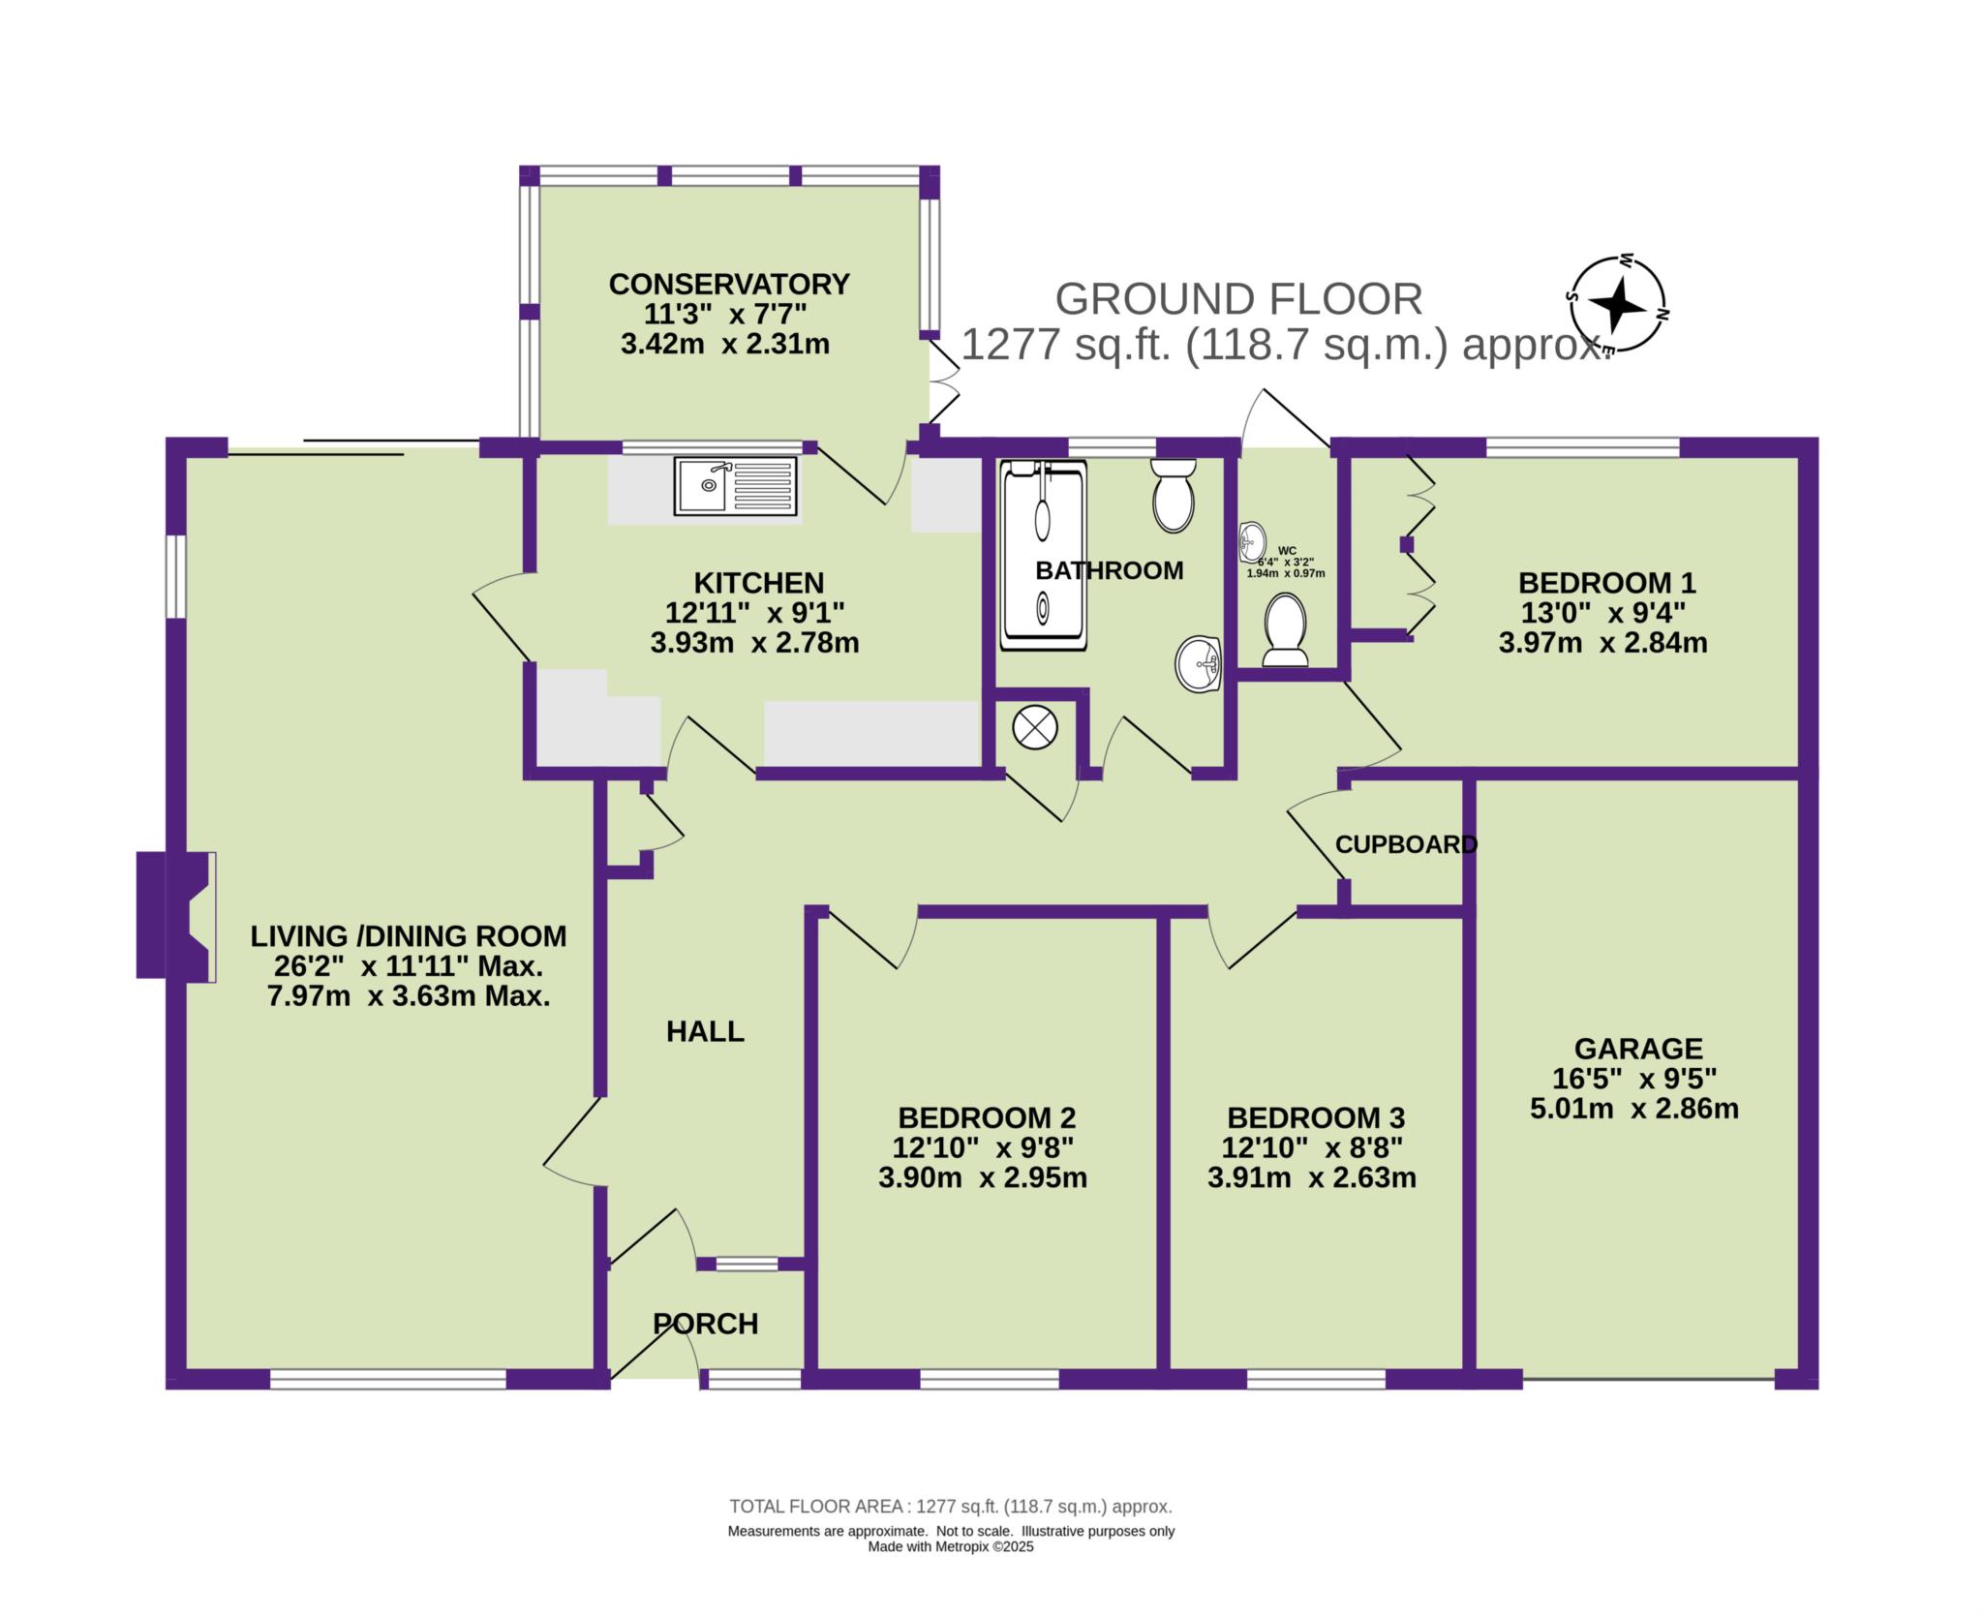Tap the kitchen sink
click(x=737, y=485)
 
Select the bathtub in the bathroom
click(x=1044, y=554)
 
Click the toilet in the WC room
click(x=1286, y=630)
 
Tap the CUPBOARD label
click(x=1406, y=844)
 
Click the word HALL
click(x=705, y=1031)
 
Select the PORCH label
click(x=705, y=1324)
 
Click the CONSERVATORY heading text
click(x=729, y=284)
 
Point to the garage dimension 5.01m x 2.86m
click(x=1634, y=1109)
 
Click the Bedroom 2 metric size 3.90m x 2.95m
click(x=983, y=1178)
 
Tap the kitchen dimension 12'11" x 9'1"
click(x=755, y=613)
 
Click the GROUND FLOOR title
click(x=1238, y=299)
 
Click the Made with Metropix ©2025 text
click(x=951, y=1574)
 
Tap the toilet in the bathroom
click(x=1174, y=494)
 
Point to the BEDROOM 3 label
click(x=1316, y=1118)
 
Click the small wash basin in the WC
click(x=1252, y=542)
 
